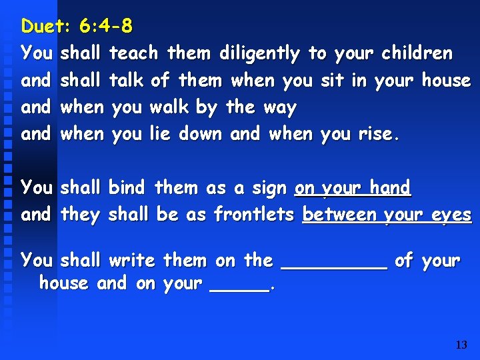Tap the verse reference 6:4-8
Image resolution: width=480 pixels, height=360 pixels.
click(105, 27)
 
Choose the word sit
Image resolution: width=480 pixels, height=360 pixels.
click(331, 81)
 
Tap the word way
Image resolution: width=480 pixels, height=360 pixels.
click(280, 108)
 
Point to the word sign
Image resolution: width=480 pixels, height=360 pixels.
click(269, 189)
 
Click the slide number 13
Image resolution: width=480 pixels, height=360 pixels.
click(461, 345)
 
